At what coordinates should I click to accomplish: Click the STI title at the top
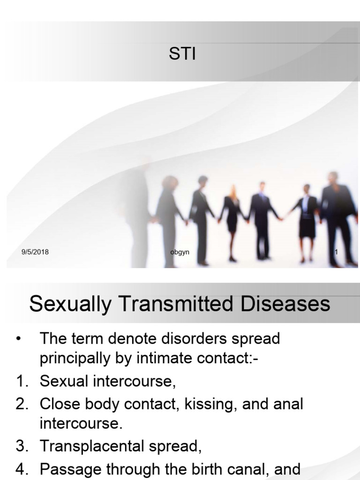coord(182,54)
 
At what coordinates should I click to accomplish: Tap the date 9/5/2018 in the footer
coord(35,253)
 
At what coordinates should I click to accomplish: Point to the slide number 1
coord(336,253)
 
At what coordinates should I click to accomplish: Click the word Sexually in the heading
coord(69,305)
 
